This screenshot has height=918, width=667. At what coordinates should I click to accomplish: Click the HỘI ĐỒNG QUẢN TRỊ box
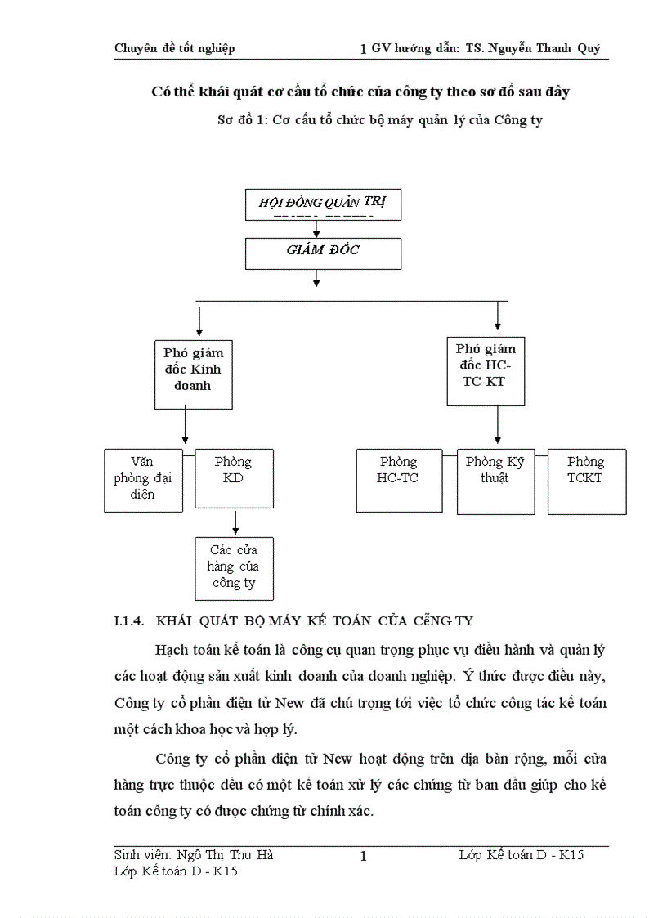pyautogui.click(x=323, y=204)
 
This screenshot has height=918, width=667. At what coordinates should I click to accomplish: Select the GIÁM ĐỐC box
pyautogui.click(x=323, y=253)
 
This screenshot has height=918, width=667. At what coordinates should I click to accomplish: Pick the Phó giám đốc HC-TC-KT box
pyautogui.click(x=486, y=370)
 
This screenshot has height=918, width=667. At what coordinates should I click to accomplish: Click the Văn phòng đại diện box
pyautogui.click(x=143, y=480)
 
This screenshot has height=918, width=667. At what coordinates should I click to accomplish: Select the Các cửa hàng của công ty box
pyautogui.click(x=234, y=568)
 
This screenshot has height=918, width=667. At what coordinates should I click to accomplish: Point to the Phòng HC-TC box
pyautogui.click(x=398, y=480)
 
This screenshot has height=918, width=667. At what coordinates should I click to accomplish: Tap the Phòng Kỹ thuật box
pyautogui.click(x=495, y=481)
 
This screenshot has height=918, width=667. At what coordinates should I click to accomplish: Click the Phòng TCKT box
pyautogui.click(x=586, y=481)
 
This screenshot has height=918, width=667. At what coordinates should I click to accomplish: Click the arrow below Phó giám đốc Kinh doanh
pyautogui.click(x=186, y=427)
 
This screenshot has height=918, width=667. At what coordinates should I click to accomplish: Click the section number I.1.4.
pyautogui.click(x=129, y=621)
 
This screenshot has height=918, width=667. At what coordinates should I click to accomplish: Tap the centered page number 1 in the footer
pyautogui.click(x=364, y=857)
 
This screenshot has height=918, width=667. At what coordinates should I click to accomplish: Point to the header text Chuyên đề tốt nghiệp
pyautogui.click(x=174, y=48)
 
